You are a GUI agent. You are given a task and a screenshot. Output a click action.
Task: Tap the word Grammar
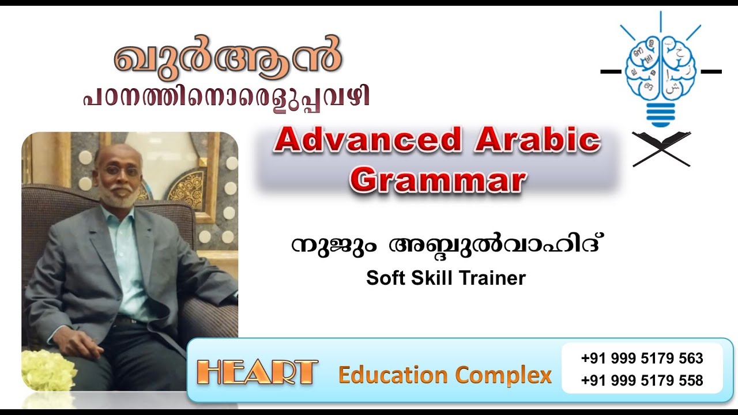coord(438,180)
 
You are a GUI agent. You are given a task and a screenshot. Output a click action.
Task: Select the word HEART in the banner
coord(257,373)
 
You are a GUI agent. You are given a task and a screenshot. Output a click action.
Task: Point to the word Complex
coord(504,375)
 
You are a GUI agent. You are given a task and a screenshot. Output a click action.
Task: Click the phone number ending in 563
coord(642,359)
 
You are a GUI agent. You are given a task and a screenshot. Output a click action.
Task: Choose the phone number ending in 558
coord(642,380)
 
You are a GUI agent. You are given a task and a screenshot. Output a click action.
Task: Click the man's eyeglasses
coord(123,171)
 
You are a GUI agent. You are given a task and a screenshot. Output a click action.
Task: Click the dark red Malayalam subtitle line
coord(225,96)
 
